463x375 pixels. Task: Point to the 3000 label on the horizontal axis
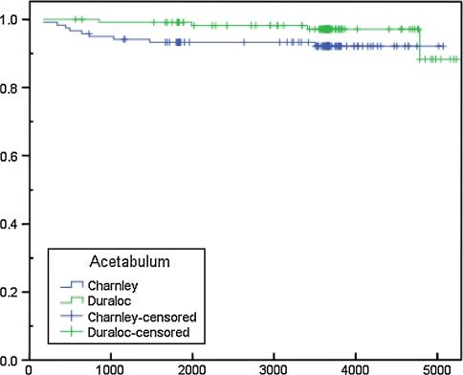coord(275,368)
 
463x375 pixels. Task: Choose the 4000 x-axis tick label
coord(356,368)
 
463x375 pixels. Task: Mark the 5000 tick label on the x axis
coord(437,368)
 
